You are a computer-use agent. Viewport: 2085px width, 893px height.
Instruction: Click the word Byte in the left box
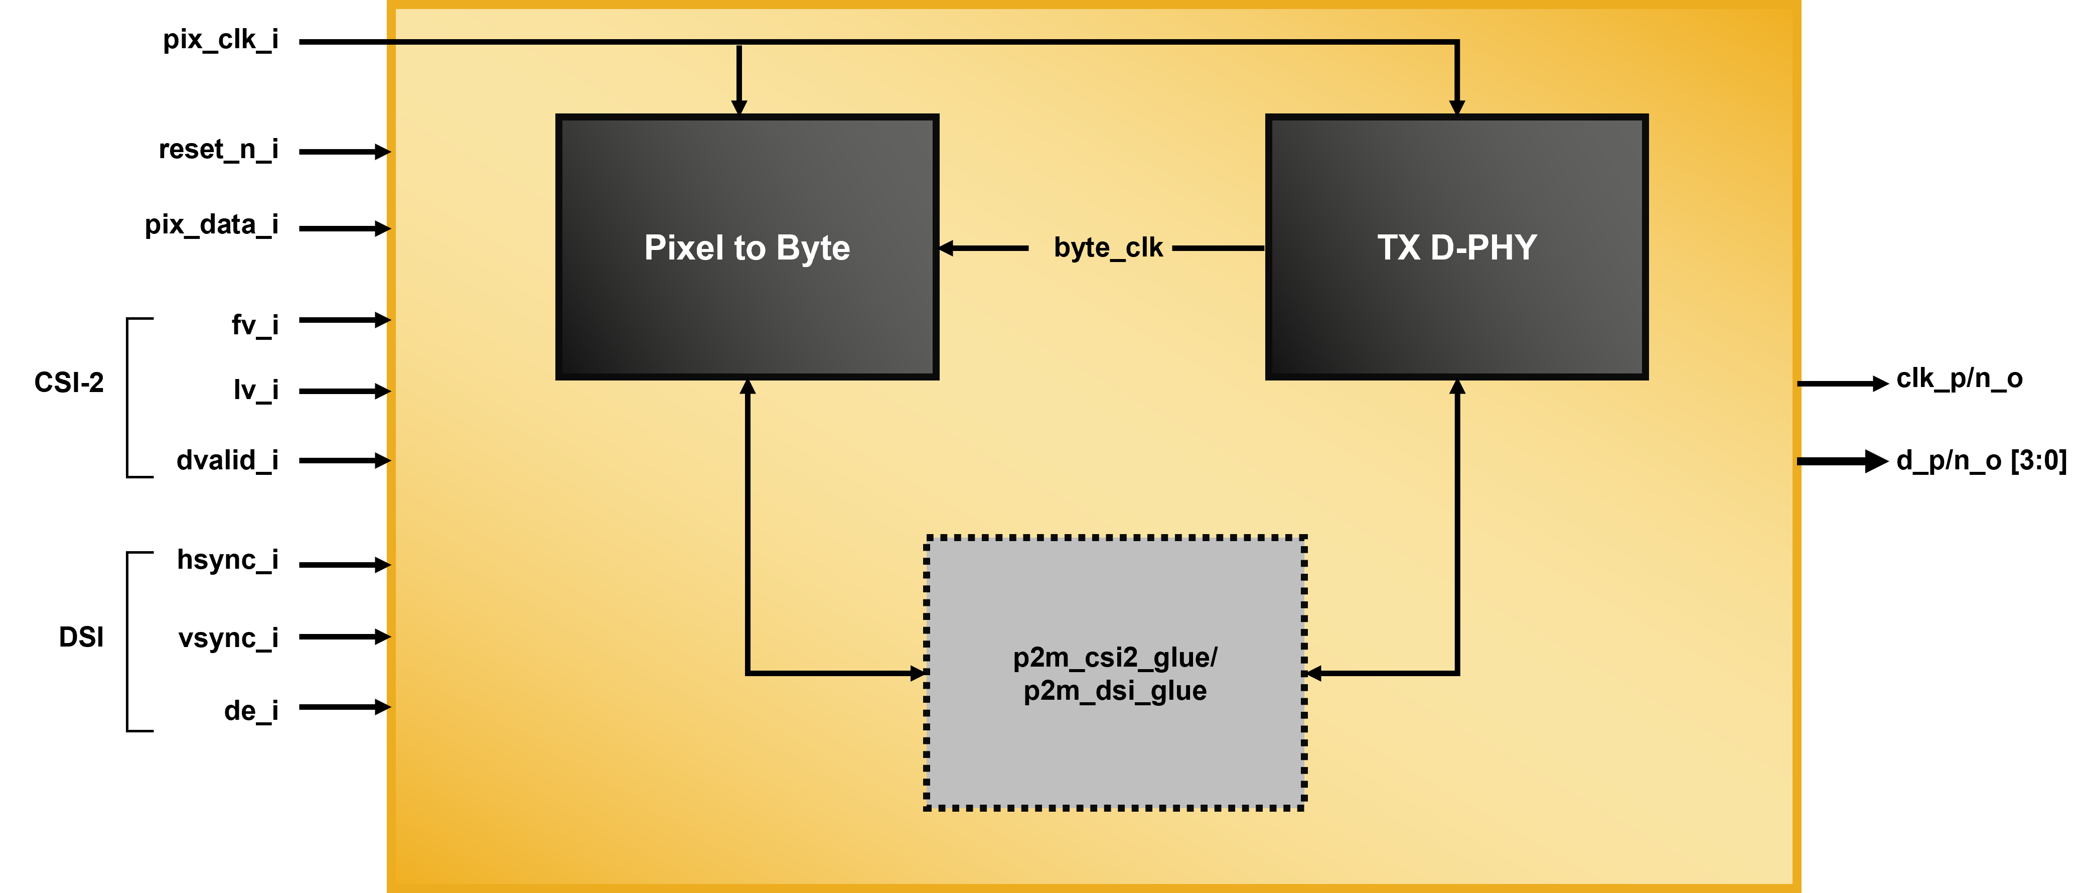[813, 248]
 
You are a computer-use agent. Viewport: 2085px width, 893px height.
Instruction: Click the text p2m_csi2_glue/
[1115, 658]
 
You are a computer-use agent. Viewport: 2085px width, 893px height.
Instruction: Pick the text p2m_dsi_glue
[1115, 691]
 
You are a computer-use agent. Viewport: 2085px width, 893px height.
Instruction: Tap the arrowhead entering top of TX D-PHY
[1457, 107]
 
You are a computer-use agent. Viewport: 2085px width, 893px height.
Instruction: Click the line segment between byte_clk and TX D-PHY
[1218, 248]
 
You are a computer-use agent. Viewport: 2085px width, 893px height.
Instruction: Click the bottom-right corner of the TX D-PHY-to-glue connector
[1457, 673]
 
